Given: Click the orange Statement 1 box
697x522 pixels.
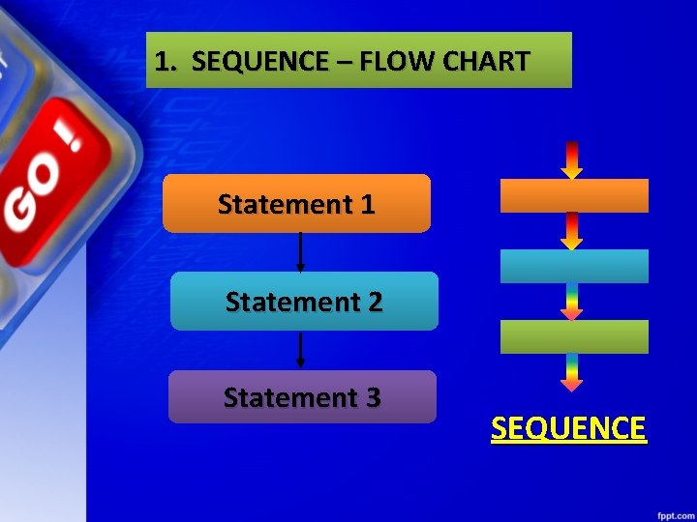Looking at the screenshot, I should point(296,204).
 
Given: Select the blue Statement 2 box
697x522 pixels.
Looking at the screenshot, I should point(304,302).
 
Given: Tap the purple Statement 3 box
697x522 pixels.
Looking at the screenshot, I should point(302,397).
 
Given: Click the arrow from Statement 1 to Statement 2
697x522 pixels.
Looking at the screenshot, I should point(300,252).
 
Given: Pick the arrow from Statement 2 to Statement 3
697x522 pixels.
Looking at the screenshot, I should point(300,350).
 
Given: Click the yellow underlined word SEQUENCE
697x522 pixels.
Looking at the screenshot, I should point(568,428).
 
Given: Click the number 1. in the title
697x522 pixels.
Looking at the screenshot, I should point(166,63).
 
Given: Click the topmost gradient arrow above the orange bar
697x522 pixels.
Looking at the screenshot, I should point(572,160).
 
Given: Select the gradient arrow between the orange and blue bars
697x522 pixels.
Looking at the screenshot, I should point(572,231).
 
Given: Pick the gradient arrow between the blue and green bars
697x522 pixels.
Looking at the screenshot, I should point(572,302).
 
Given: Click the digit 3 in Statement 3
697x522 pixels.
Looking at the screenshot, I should point(372,397).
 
